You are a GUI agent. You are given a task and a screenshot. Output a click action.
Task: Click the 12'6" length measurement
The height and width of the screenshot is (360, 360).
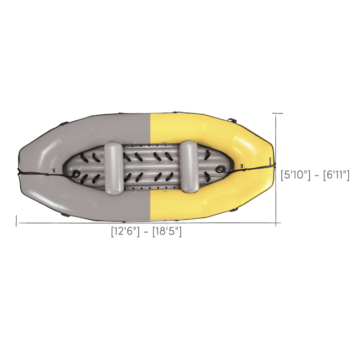126,231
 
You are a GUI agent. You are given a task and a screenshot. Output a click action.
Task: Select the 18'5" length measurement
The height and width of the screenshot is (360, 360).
167,231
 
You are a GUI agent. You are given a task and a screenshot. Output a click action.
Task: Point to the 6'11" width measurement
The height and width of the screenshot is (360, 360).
336,175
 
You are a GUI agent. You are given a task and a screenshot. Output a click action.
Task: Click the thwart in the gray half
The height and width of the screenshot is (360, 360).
114,168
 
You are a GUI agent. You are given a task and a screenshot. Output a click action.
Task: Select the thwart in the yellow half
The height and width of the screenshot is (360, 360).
189,166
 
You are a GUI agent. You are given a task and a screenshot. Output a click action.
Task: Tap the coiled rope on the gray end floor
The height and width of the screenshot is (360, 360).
76,174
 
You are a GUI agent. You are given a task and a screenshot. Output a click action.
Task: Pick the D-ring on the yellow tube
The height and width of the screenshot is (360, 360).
242,165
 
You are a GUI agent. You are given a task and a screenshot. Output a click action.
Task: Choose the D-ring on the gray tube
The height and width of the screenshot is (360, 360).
54,170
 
